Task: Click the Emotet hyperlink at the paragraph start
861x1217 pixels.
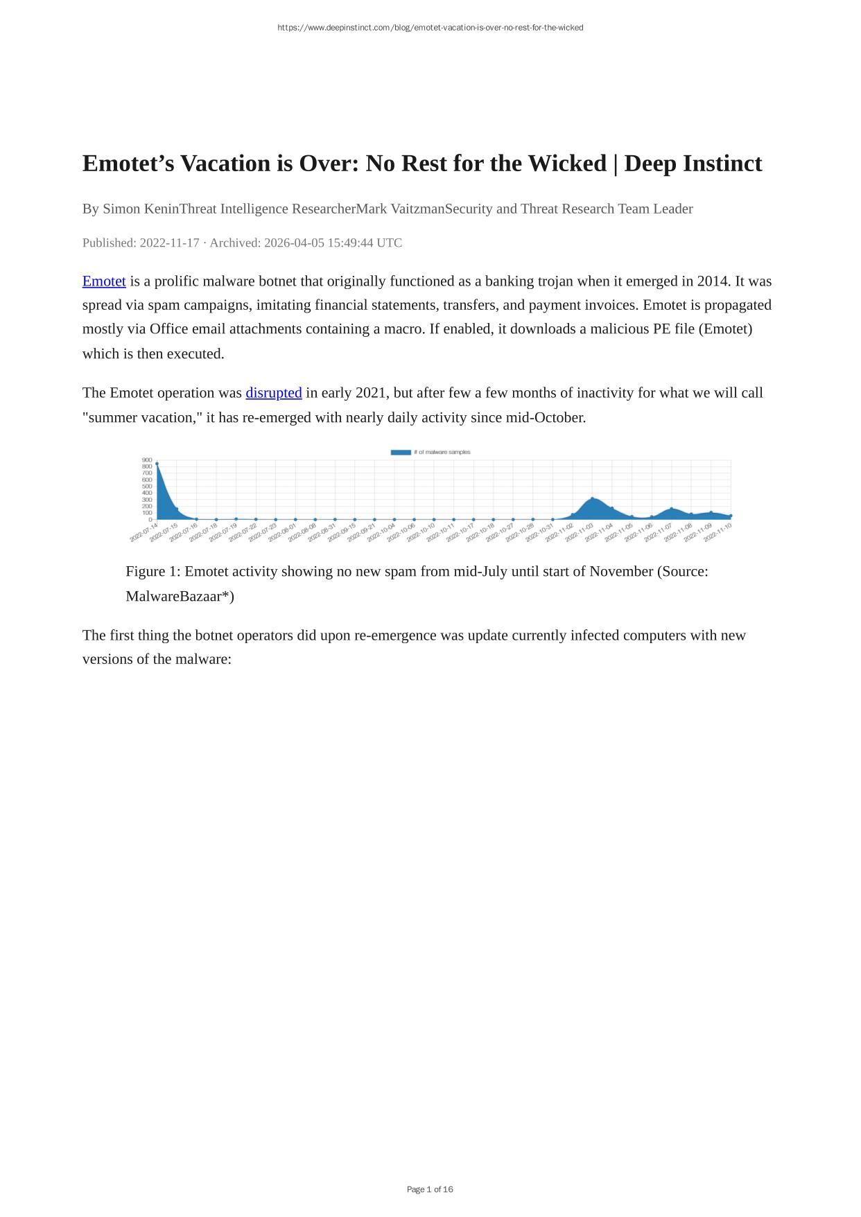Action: pos(104,281)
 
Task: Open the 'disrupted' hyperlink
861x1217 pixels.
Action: pos(273,393)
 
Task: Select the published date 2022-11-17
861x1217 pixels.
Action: pos(169,243)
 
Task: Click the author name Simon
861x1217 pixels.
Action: pos(121,209)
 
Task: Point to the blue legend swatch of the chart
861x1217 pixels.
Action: pos(401,453)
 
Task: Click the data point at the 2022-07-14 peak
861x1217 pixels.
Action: pos(157,464)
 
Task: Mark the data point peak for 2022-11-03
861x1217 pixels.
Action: pos(592,498)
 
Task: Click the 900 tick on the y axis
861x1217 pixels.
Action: pos(146,459)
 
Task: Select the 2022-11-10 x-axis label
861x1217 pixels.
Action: pos(717,533)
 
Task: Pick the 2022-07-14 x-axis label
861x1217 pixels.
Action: pos(143,533)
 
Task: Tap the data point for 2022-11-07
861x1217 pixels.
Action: pos(671,509)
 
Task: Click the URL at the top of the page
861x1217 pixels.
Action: pos(430,28)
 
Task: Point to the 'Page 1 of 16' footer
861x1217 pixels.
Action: pos(430,1189)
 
